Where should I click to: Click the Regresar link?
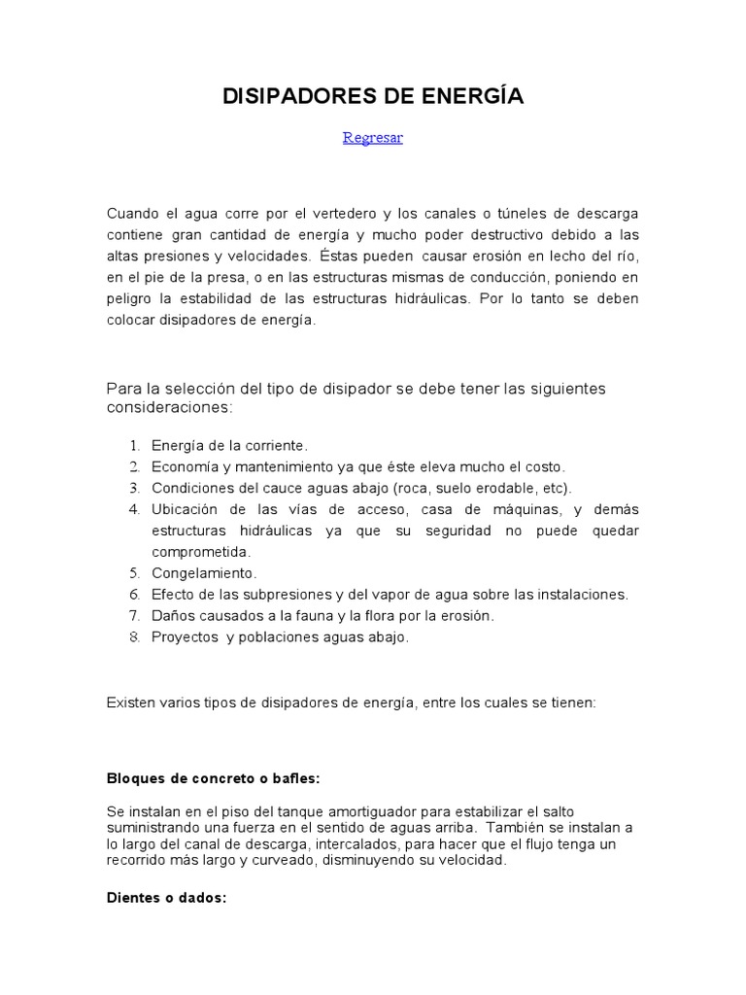[x=372, y=138]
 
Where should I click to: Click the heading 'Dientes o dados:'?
[x=166, y=898]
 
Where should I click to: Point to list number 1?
[x=134, y=445]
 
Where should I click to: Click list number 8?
[x=134, y=637]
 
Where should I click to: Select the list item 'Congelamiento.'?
[x=204, y=573]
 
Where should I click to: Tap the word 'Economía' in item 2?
[x=182, y=466]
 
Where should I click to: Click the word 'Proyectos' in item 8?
[x=185, y=637]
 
